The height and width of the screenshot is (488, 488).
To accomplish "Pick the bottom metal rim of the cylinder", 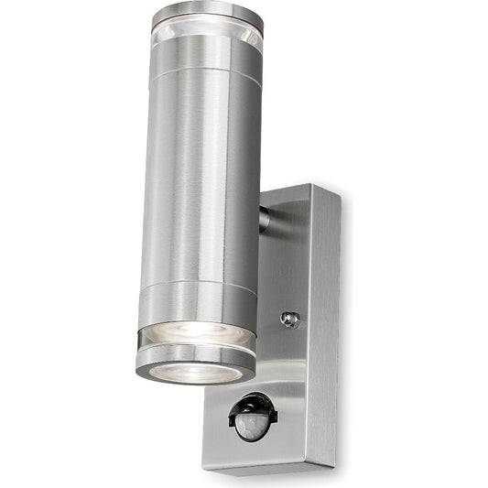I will (196, 360).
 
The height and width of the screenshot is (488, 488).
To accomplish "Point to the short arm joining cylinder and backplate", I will (265, 218).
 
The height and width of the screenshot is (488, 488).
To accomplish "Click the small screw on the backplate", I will (291, 319).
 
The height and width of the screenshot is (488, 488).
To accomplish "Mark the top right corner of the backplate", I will (338, 194).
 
